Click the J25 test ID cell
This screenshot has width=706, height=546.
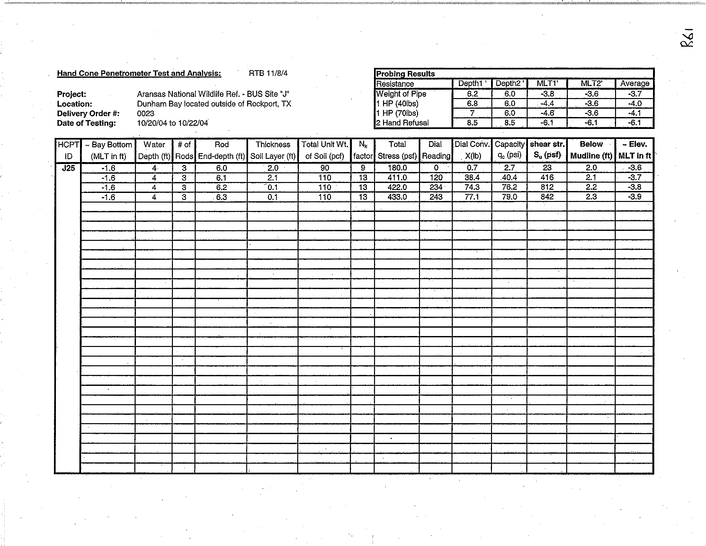(68, 168)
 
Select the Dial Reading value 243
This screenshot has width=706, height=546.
(436, 197)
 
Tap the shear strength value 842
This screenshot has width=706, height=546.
(547, 197)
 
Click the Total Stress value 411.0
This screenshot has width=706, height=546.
(397, 177)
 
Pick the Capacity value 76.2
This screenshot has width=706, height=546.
(509, 187)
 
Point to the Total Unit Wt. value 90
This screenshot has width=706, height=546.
(325, 168)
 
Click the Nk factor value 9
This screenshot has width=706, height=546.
(363, 168)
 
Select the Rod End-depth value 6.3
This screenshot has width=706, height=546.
(221, 197)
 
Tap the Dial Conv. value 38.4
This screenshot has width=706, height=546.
(472, 177)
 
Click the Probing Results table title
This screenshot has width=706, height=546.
(405, 74)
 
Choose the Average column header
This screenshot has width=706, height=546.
(635, 84)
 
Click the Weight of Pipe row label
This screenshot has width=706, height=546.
(401, 94)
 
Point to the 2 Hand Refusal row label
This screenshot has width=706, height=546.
(402, 123)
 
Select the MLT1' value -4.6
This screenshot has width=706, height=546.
(547, 113)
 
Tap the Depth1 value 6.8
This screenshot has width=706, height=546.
(472, 104)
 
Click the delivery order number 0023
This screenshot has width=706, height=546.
(146, 114)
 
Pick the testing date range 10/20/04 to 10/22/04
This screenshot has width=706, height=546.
(172, 123)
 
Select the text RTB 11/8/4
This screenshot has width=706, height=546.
(268, 73)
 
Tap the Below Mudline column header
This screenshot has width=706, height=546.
(591, 150)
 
